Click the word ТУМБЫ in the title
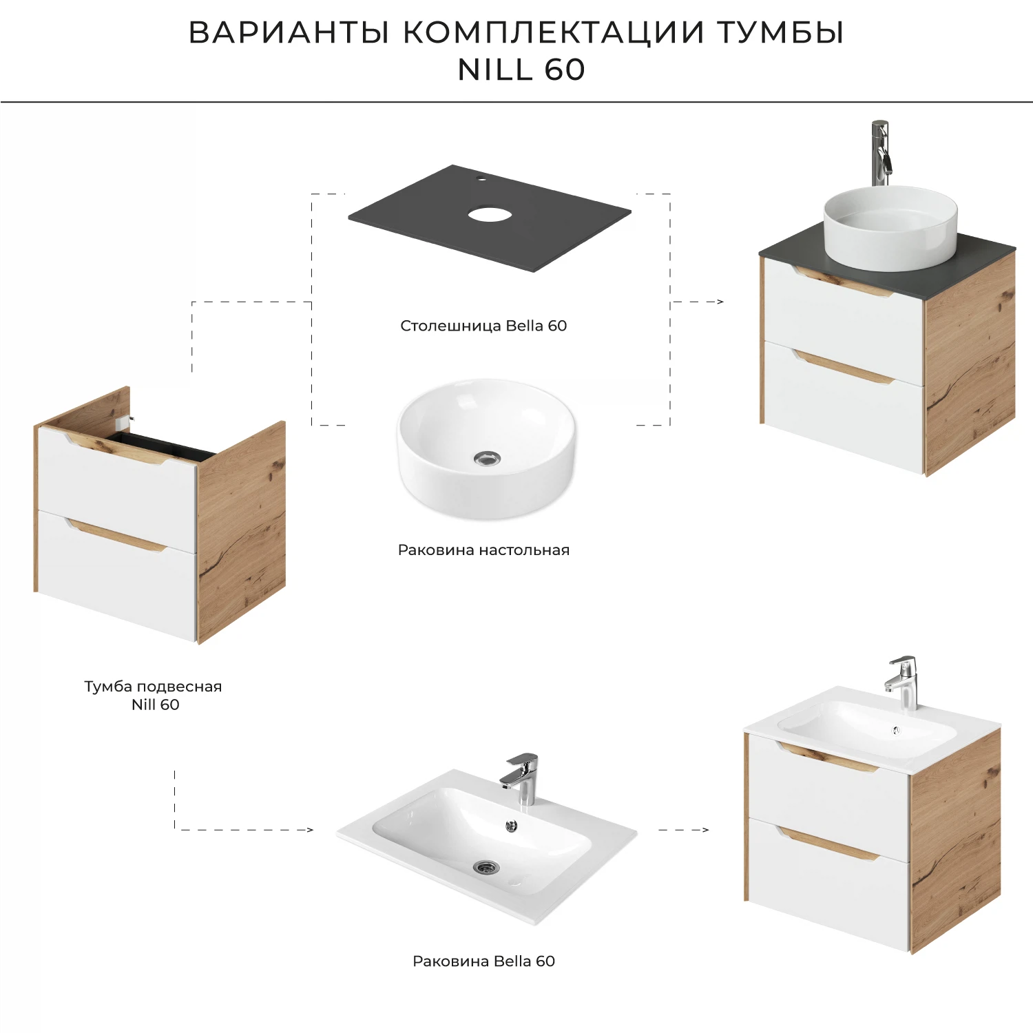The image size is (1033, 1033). pos(780,32)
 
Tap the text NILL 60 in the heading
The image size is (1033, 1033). pos(521,70)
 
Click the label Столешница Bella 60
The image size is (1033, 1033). pos(483,326)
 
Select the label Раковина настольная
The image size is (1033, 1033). pos(483,550)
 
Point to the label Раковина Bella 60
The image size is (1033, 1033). pos(483,961)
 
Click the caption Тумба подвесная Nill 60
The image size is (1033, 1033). pos(154,695)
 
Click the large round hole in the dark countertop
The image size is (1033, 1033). pos(490,214)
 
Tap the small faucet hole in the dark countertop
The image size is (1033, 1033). pos(481,180)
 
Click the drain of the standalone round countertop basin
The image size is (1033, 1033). pos(487,458)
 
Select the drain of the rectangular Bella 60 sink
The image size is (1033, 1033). pos(486,866)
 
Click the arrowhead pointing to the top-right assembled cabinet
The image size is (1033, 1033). pos(720,302)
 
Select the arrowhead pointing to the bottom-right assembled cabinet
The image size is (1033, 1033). pos(705,830)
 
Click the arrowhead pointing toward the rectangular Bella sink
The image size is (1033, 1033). pos(309,830)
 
